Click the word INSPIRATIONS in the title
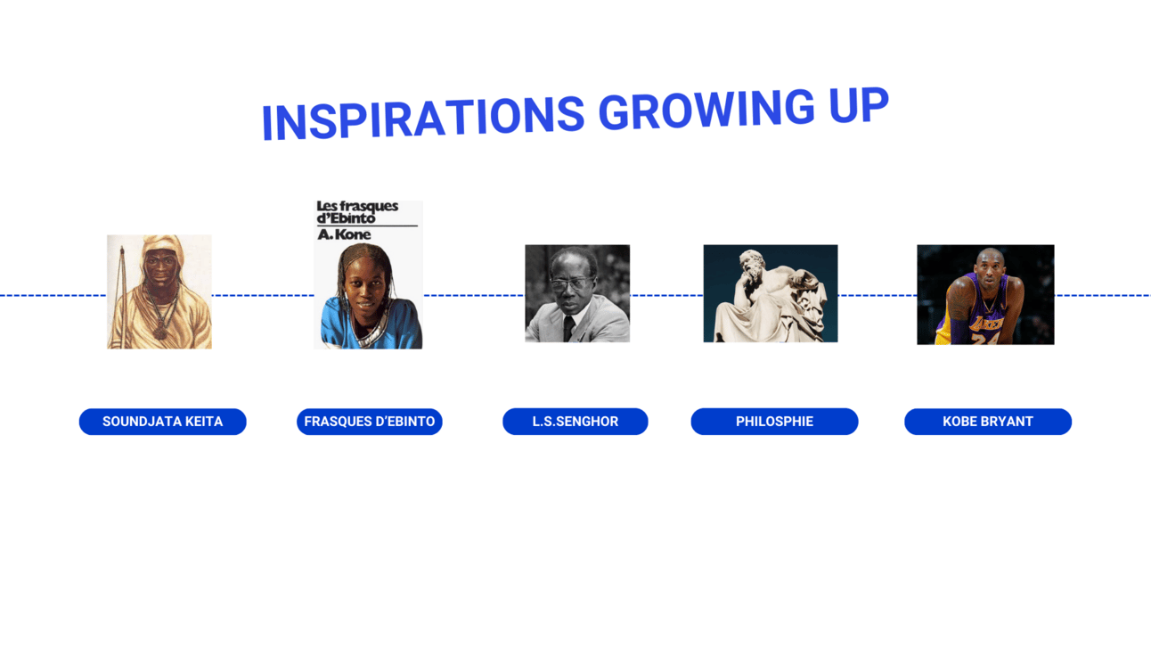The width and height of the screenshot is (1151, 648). click(423, 119)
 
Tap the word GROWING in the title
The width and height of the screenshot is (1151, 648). click(707, 109)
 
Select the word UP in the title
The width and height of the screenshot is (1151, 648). click(859, 104)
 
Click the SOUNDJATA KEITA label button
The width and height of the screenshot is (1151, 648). click(162, 422)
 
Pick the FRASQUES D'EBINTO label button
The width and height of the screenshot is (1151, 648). click(370, 422)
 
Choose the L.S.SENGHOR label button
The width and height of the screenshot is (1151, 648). click(575, 422)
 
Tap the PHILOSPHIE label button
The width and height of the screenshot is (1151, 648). click(774, 422)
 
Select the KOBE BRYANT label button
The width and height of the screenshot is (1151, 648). click(988, 422)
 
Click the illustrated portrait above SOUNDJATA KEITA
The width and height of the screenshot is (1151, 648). click(159, 291)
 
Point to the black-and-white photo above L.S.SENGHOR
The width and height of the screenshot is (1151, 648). click(577, 293)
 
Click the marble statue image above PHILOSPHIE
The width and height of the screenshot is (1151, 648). click(771, 293)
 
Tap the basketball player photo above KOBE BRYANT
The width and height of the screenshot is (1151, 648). click(985, 295)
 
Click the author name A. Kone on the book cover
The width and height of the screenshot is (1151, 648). click(344, 234)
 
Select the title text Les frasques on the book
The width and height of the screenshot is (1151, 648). click(357, 206)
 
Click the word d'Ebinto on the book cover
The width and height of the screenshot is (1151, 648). click(346, 218)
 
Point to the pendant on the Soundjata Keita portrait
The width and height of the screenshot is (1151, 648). click(161, 332)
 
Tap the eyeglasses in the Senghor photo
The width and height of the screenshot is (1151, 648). click(570, 283)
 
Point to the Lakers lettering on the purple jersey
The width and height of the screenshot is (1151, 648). click(985, 324)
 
